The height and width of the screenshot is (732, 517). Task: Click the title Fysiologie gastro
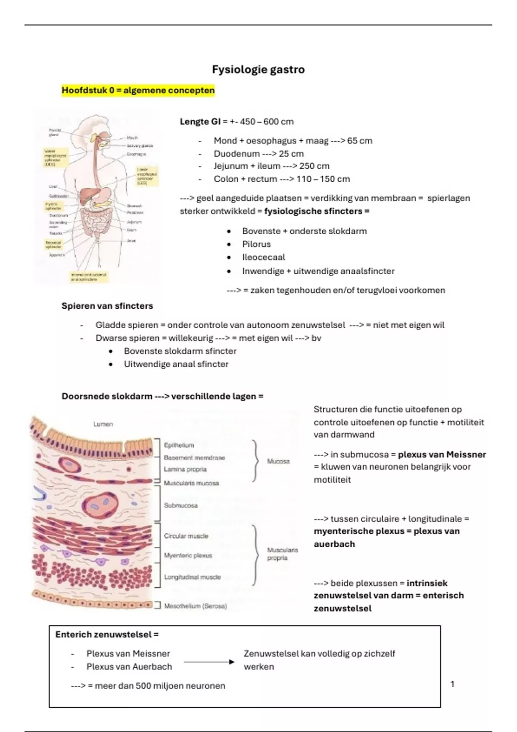pyautogui.click(x=258, y=70)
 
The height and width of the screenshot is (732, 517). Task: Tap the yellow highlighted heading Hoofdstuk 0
pyautogui.click(x=138, y=90)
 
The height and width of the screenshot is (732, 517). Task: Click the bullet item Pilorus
pyautogui.click(x=256, y=244)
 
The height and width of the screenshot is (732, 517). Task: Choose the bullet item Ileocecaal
pyautogui.click(x=263, y=257)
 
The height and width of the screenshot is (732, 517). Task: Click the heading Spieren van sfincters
pyautogui.click(x=107, y=306)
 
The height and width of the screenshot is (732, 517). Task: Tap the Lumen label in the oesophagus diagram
pyautogui.click(x=103, y=424)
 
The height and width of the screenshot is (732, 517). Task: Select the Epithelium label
pyautogui.click(x=179, y=445)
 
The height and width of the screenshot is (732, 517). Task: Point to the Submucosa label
pyautogui.click(x=181, y=506)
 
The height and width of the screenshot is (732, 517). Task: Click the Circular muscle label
pyautogui.click(x=186, y=536)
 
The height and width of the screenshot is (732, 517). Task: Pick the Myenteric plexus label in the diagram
pyautogui.click(x=188, y=555)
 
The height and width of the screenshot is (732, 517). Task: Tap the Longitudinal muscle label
pyautogui.click(x=192, y=577)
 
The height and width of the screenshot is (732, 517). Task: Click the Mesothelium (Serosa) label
pyautogui.click(x=195, y=606)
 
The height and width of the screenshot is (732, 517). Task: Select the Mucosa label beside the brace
pyautogui.click(x=278, y=461)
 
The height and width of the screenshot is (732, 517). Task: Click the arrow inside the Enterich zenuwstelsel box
pyautogui.click(x=209, y=662)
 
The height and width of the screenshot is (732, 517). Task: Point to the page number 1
pyautogui.click(x=452, y=684)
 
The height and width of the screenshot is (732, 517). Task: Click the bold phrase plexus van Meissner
pyautogui.click(x=442, y=455)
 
